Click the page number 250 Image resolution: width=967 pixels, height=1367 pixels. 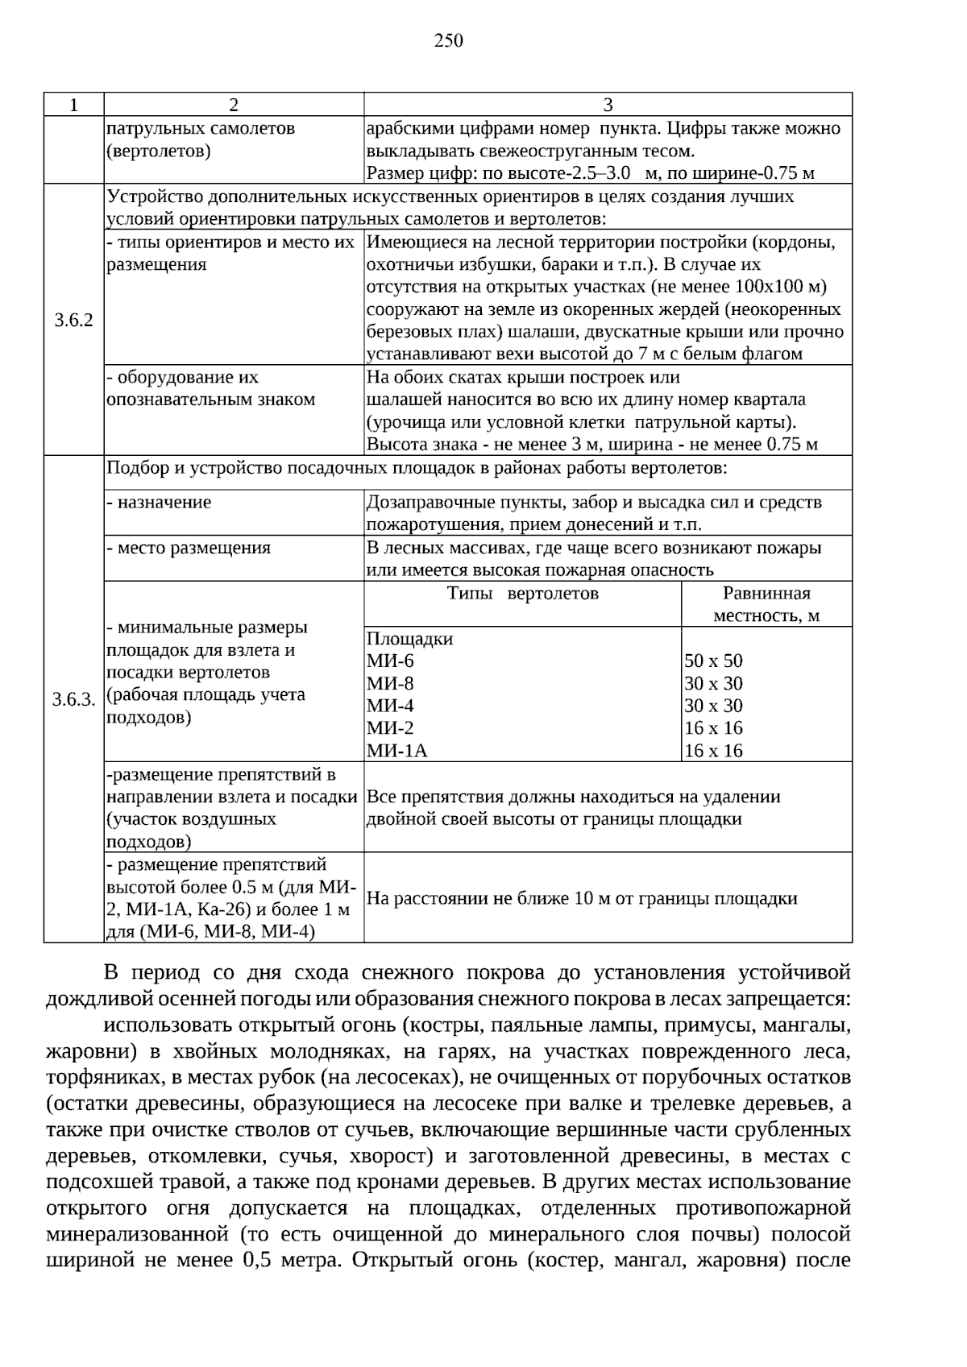[449, 41]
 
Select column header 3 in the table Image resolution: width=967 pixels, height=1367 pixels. [608, 105]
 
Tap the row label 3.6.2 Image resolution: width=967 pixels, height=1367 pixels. [73, 321]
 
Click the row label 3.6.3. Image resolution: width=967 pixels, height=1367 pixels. [73, 699]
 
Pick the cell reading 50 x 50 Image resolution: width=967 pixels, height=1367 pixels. [713, 661]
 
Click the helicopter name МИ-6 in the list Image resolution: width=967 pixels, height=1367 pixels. [390, 661]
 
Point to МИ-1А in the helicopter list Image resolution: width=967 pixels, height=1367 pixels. [396, 751]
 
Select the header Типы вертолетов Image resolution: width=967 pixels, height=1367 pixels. [523, 594]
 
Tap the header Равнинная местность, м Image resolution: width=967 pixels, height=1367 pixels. [766, 604]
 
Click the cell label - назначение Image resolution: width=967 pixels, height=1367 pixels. [160, 503]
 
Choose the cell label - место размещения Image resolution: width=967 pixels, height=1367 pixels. [189, 549]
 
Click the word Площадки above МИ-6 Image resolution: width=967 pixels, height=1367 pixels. [409, 639]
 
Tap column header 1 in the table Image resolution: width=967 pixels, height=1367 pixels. [73, 105]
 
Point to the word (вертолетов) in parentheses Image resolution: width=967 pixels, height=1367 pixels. [158, 151]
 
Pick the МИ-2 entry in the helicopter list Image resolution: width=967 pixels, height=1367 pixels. [390, 728]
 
